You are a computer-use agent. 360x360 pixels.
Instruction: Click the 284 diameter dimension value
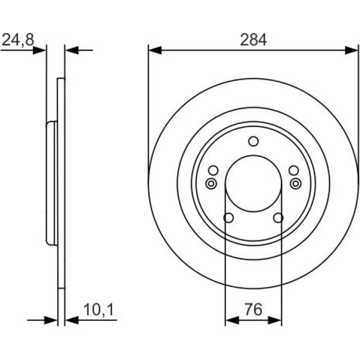[x=253, y=40]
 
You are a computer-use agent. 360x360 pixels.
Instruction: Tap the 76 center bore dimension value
[x=253, y=310]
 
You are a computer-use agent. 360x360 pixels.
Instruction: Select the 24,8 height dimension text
[x=18, y=40]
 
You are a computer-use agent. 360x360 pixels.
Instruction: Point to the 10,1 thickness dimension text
[x=99, y=310]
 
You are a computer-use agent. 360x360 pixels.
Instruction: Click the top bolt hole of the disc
[x=254, y=141]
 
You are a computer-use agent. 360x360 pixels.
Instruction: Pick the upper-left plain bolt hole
[x=213, y=170]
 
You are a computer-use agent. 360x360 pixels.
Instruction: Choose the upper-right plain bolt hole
[x=294, y=170]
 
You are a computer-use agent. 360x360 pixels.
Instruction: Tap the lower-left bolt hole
[x=228, y=218]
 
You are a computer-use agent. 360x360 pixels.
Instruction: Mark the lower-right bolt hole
[x=278, y=218]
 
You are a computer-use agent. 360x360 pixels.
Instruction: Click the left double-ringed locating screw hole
[x=211, y=184]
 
